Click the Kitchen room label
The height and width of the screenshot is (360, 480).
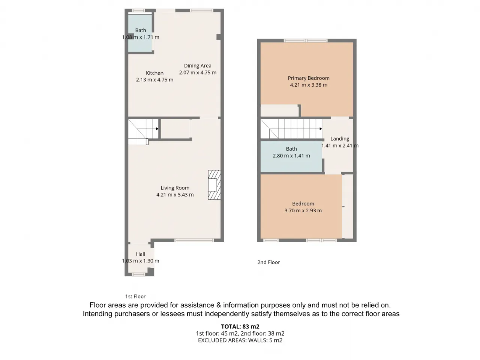(154, 73)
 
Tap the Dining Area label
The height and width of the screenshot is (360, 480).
(198, 66)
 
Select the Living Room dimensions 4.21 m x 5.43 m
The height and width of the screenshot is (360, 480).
(175, 195)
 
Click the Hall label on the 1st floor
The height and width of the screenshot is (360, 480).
(140, 254)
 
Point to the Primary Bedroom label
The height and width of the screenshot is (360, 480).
(308, 78)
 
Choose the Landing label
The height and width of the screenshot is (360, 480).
(340, 139)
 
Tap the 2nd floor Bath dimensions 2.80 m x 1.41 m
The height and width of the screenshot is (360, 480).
(291, 156)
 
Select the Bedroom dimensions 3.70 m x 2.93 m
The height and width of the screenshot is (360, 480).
(303, 210)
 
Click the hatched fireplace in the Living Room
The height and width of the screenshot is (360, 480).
(214, 185)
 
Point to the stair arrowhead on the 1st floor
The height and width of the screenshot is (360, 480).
(157, 129)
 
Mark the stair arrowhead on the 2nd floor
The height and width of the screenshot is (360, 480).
(321, 129)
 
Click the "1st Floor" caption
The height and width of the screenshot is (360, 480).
(135, 296)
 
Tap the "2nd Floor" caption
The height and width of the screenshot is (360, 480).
(268, 262)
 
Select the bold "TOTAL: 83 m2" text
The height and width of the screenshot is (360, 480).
(240, 326)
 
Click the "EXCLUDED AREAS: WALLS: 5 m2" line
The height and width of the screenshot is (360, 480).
(240, 340)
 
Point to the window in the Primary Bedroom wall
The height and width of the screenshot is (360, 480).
(306, 40)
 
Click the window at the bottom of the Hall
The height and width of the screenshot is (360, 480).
(138, 274)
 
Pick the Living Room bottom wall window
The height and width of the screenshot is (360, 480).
(194, 240)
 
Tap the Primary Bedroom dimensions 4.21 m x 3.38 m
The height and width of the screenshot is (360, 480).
(309, 85)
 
